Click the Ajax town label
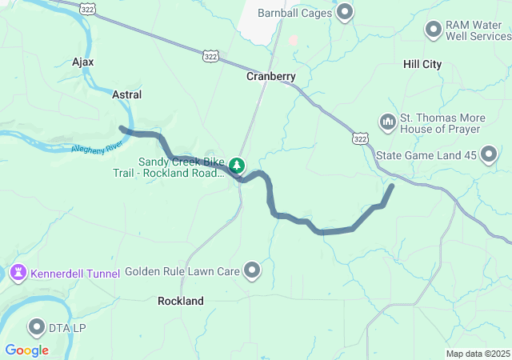tap(83, 62)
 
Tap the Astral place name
tap(127, 94)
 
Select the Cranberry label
tap(271, 77)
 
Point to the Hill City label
tap(422, 64)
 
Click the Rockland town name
tap(181, 301)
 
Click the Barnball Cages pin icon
tap(346, 12)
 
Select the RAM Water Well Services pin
tap(434, 30)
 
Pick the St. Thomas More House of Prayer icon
tap(388, 122)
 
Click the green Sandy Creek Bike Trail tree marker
tap(237, 166)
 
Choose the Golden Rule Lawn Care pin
tap(253, 271)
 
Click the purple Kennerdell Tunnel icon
tap(17, 274)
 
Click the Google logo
tap(26, 350)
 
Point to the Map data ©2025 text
tap(477, 354)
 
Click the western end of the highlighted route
tap(122, 128)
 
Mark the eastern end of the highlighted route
tap(392, 186)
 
